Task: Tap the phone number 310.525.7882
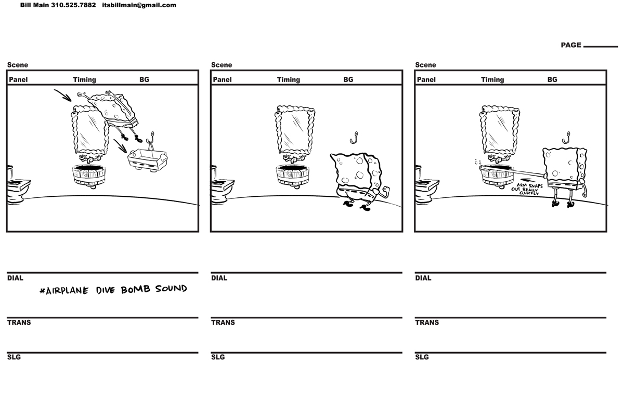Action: click(73, 5)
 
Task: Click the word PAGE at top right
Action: click(570, 45)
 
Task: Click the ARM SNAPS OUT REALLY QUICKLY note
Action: click(526, 189)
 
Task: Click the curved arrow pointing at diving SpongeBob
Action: click(64, 96)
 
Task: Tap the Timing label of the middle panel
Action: click(288, 79)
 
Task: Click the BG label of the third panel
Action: click(552, 79)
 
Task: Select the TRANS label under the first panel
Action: click(19, 323)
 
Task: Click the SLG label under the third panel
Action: click(422, 357)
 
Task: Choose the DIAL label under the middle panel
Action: click(219, 278)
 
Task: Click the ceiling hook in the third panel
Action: click(567, 138)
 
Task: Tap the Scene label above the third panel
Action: click(425, 65)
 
